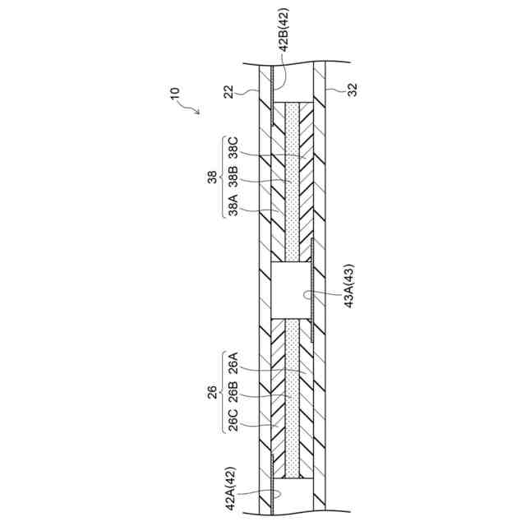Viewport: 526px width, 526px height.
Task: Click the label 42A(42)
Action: tap(232, 488)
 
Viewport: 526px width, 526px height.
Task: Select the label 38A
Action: tap(233, 201)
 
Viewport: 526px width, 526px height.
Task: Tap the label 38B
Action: tap(233, 175)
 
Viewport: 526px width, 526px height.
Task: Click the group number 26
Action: tap(212, 392)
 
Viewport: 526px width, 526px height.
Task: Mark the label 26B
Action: tap(233, 392)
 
